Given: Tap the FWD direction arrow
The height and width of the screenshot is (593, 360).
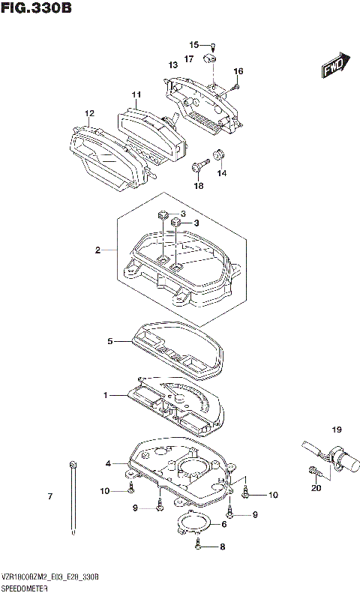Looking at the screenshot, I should click(x=334, y=66).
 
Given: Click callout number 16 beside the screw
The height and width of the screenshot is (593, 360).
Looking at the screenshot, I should click(x=238, y=72).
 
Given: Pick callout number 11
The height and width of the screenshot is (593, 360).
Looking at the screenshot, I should click(x=136, y=94).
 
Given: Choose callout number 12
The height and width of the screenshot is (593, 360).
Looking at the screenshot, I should click(x=89, y=113).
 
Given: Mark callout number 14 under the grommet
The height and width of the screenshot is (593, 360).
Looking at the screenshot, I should click(x=221, y=173).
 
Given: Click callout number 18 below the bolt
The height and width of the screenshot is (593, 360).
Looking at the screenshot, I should click(x=199, y=185).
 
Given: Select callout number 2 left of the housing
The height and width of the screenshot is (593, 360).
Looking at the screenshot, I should click(x=97, y=250).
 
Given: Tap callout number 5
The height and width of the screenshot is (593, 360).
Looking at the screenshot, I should click(x=109, y=341).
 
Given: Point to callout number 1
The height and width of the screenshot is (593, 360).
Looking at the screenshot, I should click(x=106, y=394).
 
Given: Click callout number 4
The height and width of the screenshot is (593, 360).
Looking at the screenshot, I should click(x=108, y=464).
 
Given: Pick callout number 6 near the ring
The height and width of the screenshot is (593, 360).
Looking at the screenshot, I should click(x=223, y=526).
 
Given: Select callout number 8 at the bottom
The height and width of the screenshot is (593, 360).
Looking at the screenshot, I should click(x=222, y=548).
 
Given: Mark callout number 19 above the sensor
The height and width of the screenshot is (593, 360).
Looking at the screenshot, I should click(x=337, y=430).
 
